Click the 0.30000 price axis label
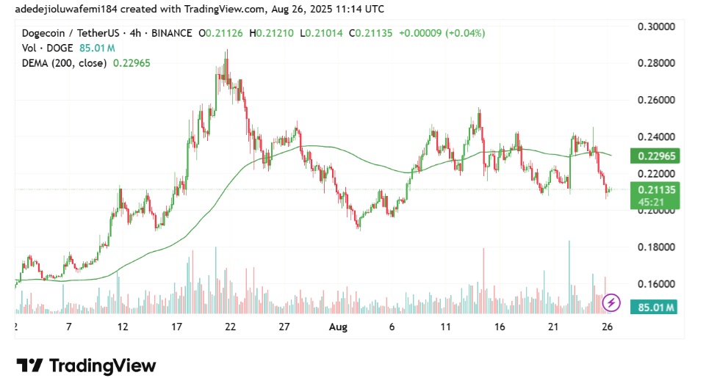click(655, 26)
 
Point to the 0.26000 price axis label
click(655, 100)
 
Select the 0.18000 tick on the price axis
click(655, 247)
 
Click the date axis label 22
click(230, 327)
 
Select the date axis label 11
click(445, 327)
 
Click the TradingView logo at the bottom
click(86, 365)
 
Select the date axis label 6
click(392, 327)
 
